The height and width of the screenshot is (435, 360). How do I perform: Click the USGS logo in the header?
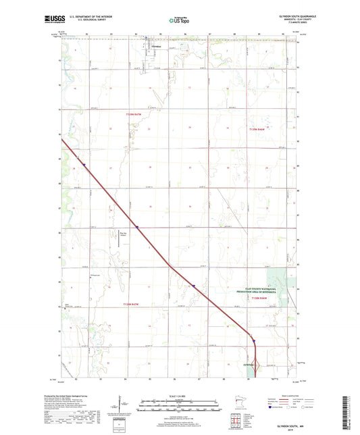click(50, 21)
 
